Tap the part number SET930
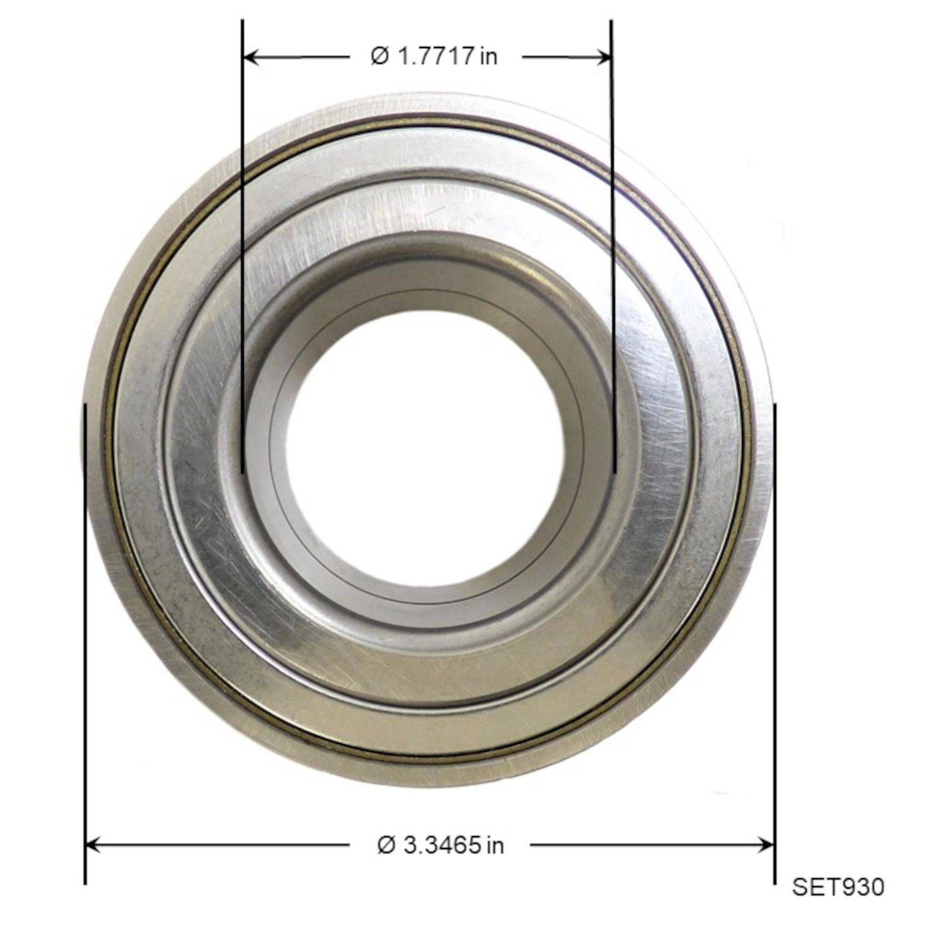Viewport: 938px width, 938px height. click(x=838, y=887)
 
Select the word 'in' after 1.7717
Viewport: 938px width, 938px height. click(x=490, y=57)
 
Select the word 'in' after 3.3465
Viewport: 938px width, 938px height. click(x=495, y=846)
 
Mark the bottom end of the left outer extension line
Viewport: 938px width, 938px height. click(x=84, y=883)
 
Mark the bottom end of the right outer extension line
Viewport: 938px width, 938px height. click(x=775, y=883)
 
